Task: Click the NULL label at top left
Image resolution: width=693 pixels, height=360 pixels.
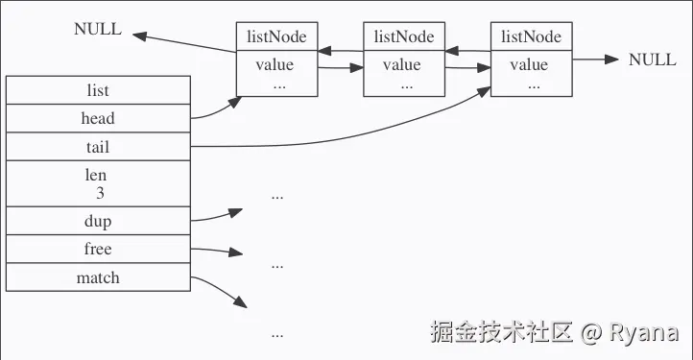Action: pos(98,29)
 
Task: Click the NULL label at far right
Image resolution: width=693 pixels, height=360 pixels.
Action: pos(652,60)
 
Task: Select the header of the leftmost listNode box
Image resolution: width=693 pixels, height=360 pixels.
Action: pos(276,36)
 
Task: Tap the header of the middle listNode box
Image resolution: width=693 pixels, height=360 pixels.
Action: pos(403,36)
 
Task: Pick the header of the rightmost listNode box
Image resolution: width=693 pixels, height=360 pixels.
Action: pos(531,36)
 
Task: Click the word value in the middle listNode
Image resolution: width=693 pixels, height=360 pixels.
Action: pos(402,65)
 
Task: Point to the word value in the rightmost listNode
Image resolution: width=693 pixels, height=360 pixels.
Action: pos(529,65)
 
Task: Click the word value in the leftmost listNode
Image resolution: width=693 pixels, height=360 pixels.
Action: pos(275,65)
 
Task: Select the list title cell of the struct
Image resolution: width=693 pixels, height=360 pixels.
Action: pos(98,90)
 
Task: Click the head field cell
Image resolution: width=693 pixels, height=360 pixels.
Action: pos(98,118)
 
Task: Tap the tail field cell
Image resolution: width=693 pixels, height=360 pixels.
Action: pos(98,147)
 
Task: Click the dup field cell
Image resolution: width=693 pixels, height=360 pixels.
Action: pos(98,221)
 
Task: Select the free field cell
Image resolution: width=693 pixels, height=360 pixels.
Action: pos(98,249)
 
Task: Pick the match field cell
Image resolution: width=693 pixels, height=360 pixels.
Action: pos(98,277)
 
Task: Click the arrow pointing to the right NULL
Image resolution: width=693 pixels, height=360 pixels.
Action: pos(595,60)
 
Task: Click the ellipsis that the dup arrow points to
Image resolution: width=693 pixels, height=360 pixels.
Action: pos(277,195)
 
